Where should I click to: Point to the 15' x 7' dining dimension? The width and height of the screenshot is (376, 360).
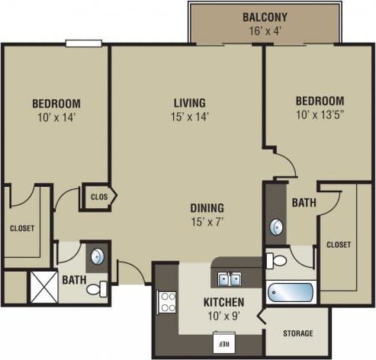[x=207, y=221]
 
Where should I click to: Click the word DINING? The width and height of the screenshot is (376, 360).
[x=207, y=207]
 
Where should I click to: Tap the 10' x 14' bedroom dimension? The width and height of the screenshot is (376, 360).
[x=56, y=117]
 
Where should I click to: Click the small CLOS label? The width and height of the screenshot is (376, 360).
[x=98, y=197]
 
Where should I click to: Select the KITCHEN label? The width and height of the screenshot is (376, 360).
[x=224, y=301]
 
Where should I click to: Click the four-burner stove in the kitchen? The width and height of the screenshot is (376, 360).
[x=167, y=303]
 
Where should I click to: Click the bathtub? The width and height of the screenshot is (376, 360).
[x=291, y=293]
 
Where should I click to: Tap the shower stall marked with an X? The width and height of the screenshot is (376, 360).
[x=43, y=286]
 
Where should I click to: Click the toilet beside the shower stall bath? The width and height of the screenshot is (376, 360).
[x=96, y=289]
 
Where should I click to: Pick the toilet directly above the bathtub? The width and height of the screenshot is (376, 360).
[x=278, y=261]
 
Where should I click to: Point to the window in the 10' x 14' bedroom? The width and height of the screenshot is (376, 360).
[x=83, y=43]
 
